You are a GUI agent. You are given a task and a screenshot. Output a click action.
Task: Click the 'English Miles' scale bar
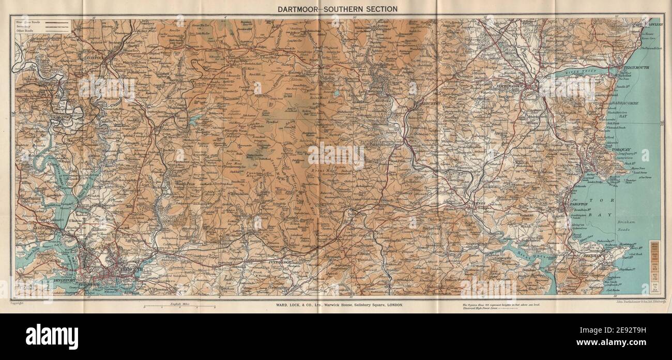[x=179, y=307]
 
